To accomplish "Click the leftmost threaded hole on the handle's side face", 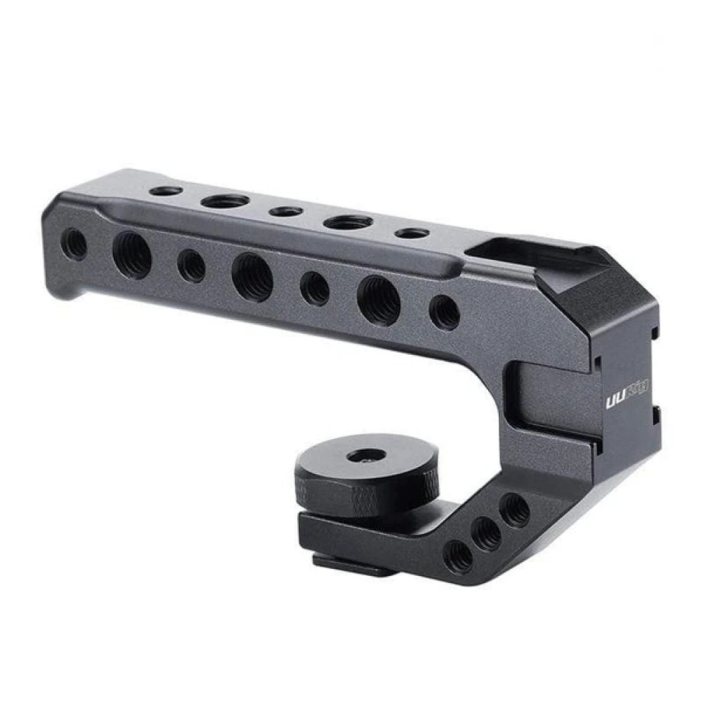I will (x=75, y=244).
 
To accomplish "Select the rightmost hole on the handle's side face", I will (x=445, y=312).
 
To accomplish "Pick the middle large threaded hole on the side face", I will (x=252, y=277).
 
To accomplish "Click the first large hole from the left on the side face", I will (x=132, y=255).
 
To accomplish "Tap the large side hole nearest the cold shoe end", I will (x=378, y=300).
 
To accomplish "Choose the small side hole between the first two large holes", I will (x=191, y=266).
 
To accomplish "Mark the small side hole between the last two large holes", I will (x=315, y=288).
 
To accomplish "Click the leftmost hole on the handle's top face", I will (x=166, y=192).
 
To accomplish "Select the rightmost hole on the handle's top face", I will (x=412, y=234).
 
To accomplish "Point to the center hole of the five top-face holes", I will (x=286, y=212).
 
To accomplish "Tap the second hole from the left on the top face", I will (x=225, y=201).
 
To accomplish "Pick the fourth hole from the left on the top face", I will (x=349, y=222).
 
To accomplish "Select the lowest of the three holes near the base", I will (x=459, y=557).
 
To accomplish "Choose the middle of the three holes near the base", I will (x=487, y=534).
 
